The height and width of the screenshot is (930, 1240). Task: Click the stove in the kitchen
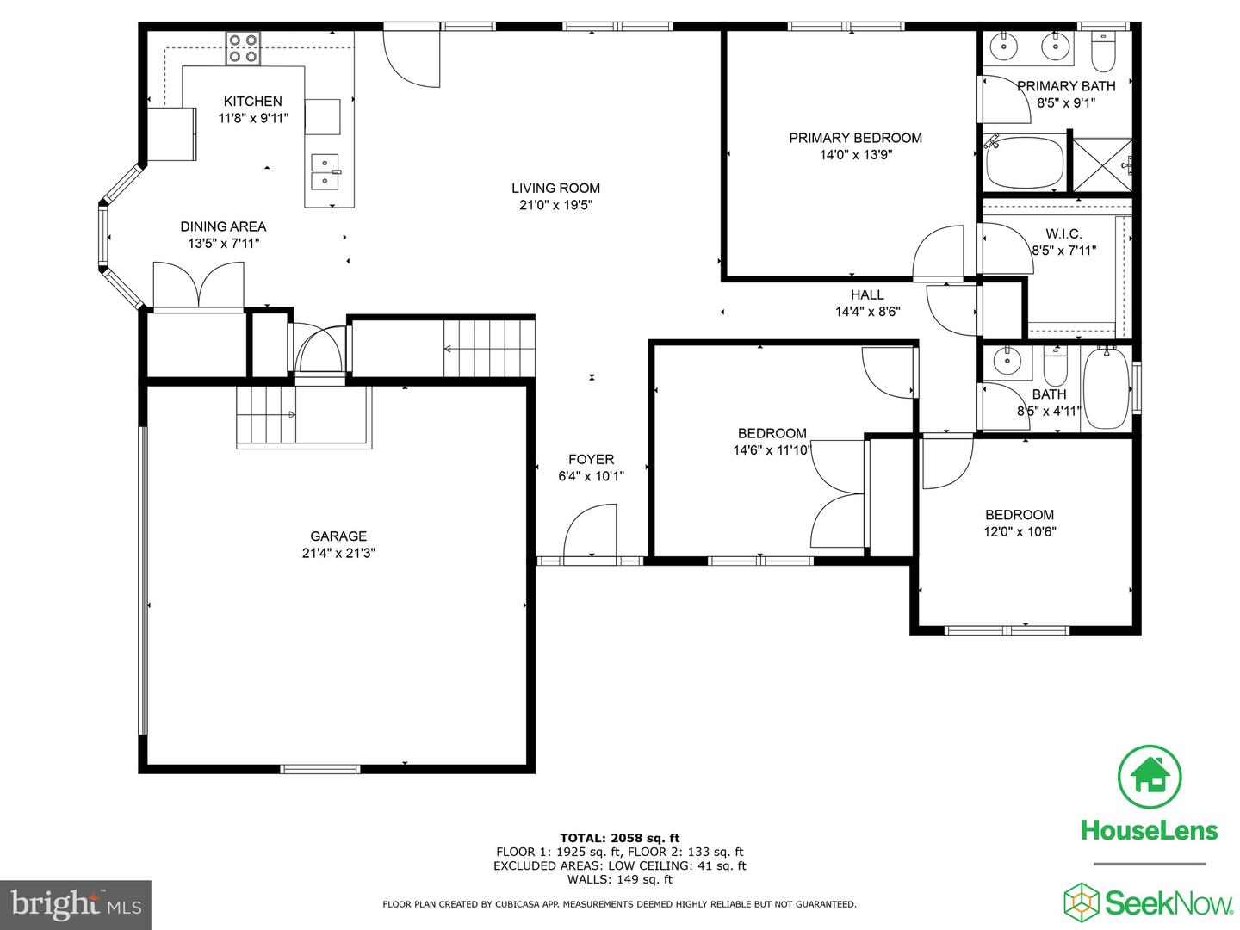pos(243,48)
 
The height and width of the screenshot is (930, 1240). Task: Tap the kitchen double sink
pos(325,171)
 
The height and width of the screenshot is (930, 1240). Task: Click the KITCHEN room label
pos(252,101)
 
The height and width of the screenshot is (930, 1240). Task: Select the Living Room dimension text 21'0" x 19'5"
pos(555,205)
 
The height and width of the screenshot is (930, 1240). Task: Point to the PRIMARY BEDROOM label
pos(855,138)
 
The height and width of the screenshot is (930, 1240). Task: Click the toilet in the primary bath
pos(1102,53)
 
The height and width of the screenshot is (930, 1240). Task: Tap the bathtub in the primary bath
pos(1025,162)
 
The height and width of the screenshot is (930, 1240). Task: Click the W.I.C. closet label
pos(1063,233)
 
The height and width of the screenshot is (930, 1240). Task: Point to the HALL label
pos(867,294)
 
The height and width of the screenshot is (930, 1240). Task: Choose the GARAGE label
pos(338,536)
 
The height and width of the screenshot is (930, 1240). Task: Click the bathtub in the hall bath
pos(1106,388)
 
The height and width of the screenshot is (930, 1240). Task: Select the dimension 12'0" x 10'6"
pos(1020,531)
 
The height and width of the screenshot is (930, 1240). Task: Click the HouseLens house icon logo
pos(1149,777)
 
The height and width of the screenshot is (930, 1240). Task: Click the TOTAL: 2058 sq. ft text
pos(619,838)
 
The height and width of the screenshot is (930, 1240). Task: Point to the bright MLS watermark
pos(76,904)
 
